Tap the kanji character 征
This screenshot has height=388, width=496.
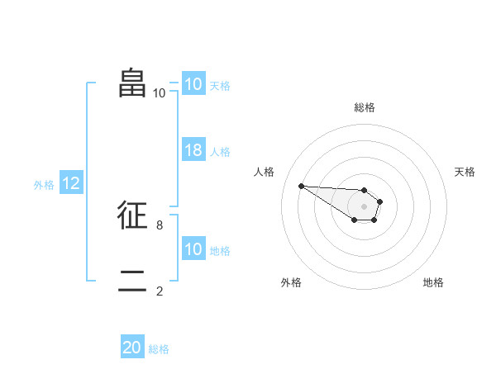(x=133, y=215)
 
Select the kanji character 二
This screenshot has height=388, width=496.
(x=133, y=281)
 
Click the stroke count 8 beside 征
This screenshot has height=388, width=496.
(x=159, y=225)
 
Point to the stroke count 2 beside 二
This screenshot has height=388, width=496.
(x=159, y=291)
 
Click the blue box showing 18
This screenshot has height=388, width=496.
(x=193, y=150)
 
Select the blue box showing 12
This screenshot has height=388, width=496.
(x=71, y=183)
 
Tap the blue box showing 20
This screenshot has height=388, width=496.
(x=132, y=348)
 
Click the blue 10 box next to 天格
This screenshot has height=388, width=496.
(x=193, y=84)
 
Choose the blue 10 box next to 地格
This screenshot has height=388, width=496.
(x=193, y=249)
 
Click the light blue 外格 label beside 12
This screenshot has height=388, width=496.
(x=44, y=185)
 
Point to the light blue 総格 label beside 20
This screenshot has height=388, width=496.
(x=159, y=349)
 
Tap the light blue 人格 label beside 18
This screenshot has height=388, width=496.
(x=220, y=152)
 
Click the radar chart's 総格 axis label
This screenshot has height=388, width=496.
(x=364, y=107)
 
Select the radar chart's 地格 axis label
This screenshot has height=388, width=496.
(x=433, y=282)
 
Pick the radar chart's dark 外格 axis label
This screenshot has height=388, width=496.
(x=291, y=282)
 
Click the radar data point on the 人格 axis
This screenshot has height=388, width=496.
(x=301, y=186)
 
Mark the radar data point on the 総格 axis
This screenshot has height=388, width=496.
(x=364, y=189)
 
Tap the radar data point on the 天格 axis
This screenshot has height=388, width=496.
(x=380, y=201)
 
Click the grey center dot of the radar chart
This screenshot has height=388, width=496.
(x=364, y=206)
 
